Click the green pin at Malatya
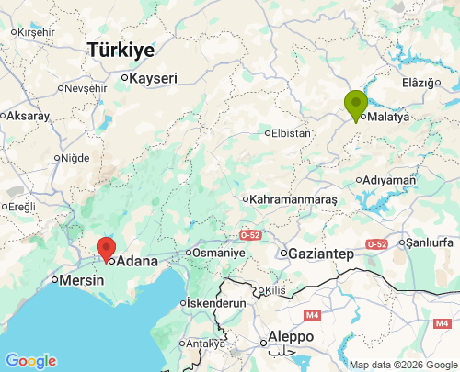(356, 104)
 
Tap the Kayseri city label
(153, 79)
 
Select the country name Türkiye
(121, 51)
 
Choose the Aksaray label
(30, 116)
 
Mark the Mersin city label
(82, 280)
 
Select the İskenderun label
(215, 302)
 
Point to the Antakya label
(205, 344)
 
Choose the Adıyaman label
(390, 180)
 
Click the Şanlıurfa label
(431, 242)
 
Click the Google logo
(30, 361)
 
